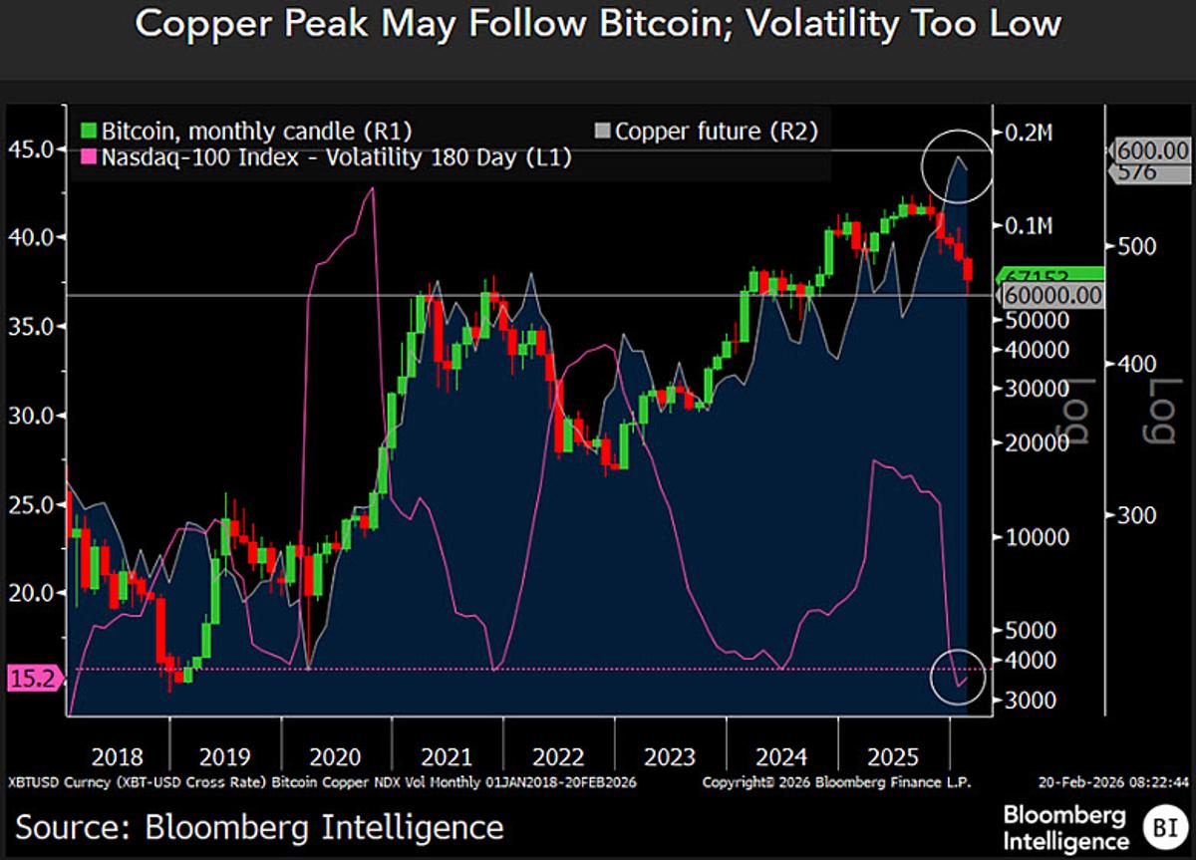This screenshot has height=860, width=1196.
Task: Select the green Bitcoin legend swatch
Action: coord(88,131)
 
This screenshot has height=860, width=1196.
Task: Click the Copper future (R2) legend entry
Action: coord(707,131)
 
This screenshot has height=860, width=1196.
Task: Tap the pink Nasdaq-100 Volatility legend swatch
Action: coord(88,156)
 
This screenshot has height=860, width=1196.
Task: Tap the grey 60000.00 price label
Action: coord(1051,296)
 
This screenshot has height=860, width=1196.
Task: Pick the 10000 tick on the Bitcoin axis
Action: coord(1034,536)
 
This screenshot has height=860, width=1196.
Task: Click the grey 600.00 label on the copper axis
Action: coord(1153,150)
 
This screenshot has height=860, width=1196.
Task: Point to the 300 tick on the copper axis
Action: coord(1133,514)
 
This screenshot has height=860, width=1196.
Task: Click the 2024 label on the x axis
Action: coord(780,756)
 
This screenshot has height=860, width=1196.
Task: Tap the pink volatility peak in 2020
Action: coord(370,188)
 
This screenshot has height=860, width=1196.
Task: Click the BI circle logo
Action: coord(1162,827)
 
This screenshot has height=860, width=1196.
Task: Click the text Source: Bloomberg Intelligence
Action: coord(259,826)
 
